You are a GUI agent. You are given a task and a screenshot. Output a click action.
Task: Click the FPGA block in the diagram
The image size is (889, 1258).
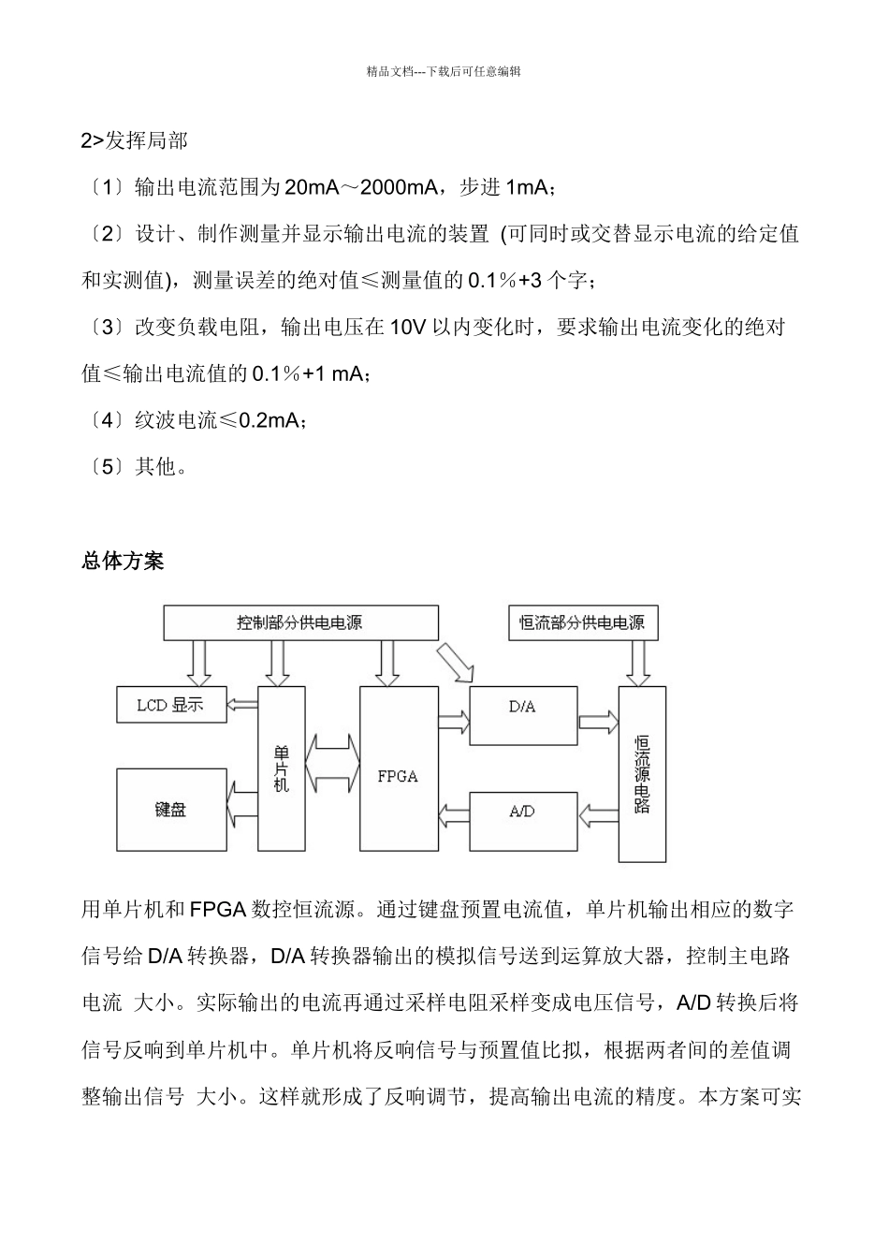399,768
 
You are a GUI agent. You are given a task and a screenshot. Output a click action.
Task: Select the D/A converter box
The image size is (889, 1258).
522,716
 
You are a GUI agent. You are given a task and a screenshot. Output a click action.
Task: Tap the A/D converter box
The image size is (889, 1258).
522,821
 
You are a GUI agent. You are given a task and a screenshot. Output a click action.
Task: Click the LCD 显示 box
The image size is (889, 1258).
172,704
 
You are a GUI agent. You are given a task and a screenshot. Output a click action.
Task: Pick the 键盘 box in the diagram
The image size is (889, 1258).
172,810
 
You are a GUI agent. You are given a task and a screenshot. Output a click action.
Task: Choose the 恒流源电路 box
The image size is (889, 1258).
642,773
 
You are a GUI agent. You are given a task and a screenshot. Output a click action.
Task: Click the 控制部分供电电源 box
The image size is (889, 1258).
300,622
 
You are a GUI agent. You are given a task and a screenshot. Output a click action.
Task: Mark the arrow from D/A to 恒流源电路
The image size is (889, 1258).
598,721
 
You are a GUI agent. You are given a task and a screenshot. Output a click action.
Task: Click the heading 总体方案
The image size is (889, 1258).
123,561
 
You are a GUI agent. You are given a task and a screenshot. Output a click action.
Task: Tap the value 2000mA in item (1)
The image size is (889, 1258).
399,187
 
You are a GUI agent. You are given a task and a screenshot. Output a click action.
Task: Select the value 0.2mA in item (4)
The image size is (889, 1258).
267,420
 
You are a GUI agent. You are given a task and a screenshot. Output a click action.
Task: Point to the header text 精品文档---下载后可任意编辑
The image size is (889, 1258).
444,70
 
